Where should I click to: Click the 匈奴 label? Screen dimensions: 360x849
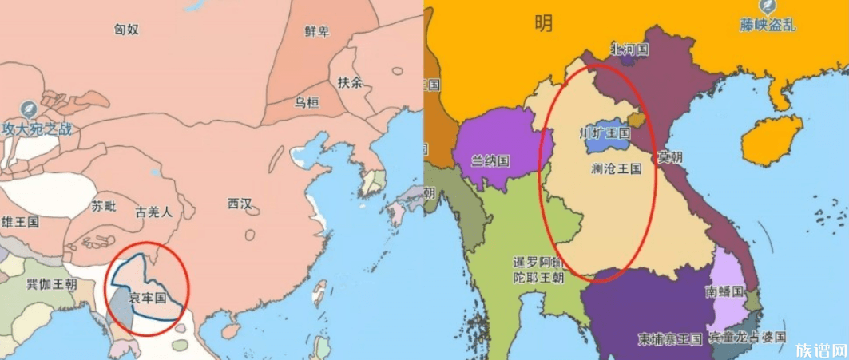click(x=127, y=30)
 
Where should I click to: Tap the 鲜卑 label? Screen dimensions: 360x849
click(x=316, y=31)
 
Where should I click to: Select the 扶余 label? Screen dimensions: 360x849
click(x=349, y=82)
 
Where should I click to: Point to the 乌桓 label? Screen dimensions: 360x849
click(x=307, y=102)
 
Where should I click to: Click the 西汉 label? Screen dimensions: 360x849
click(x=240, y=204)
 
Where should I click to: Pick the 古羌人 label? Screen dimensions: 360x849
click(x=154, y=212)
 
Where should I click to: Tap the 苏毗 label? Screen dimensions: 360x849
click(x=103, y=206)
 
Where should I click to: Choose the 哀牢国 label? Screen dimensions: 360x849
click(x=147, y=298)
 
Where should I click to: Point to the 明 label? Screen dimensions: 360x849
click(x=543, y=25)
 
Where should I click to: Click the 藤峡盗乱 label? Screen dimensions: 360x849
click(x=768, y=25)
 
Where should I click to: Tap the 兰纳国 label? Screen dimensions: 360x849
click(x=490, y=160)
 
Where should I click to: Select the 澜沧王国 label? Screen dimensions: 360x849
click(x=617, y=169)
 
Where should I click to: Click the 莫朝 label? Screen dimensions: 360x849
click(x=669, y=157)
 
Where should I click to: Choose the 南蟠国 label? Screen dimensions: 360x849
click(x=724, y=291)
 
